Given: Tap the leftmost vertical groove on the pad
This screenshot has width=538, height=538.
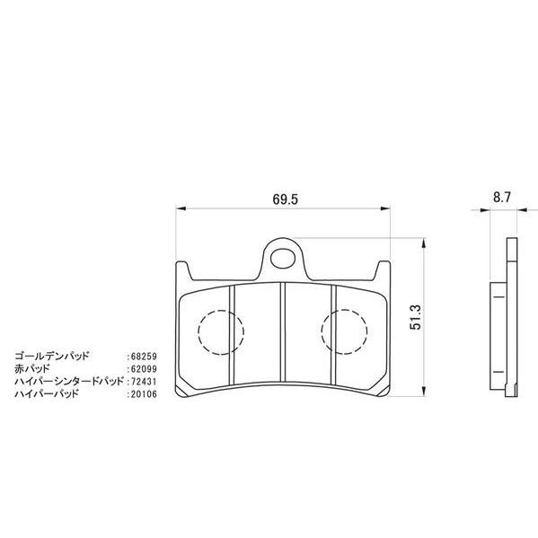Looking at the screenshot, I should pos(232,334).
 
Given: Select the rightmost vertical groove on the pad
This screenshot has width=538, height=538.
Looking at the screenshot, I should pos(334,334).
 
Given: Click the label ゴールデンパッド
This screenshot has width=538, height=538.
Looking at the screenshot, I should pos(55,357).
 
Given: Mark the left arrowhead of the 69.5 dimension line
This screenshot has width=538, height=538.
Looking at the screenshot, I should pos(177,208).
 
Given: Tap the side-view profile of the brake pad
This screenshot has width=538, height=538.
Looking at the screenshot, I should pos(508,314).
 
